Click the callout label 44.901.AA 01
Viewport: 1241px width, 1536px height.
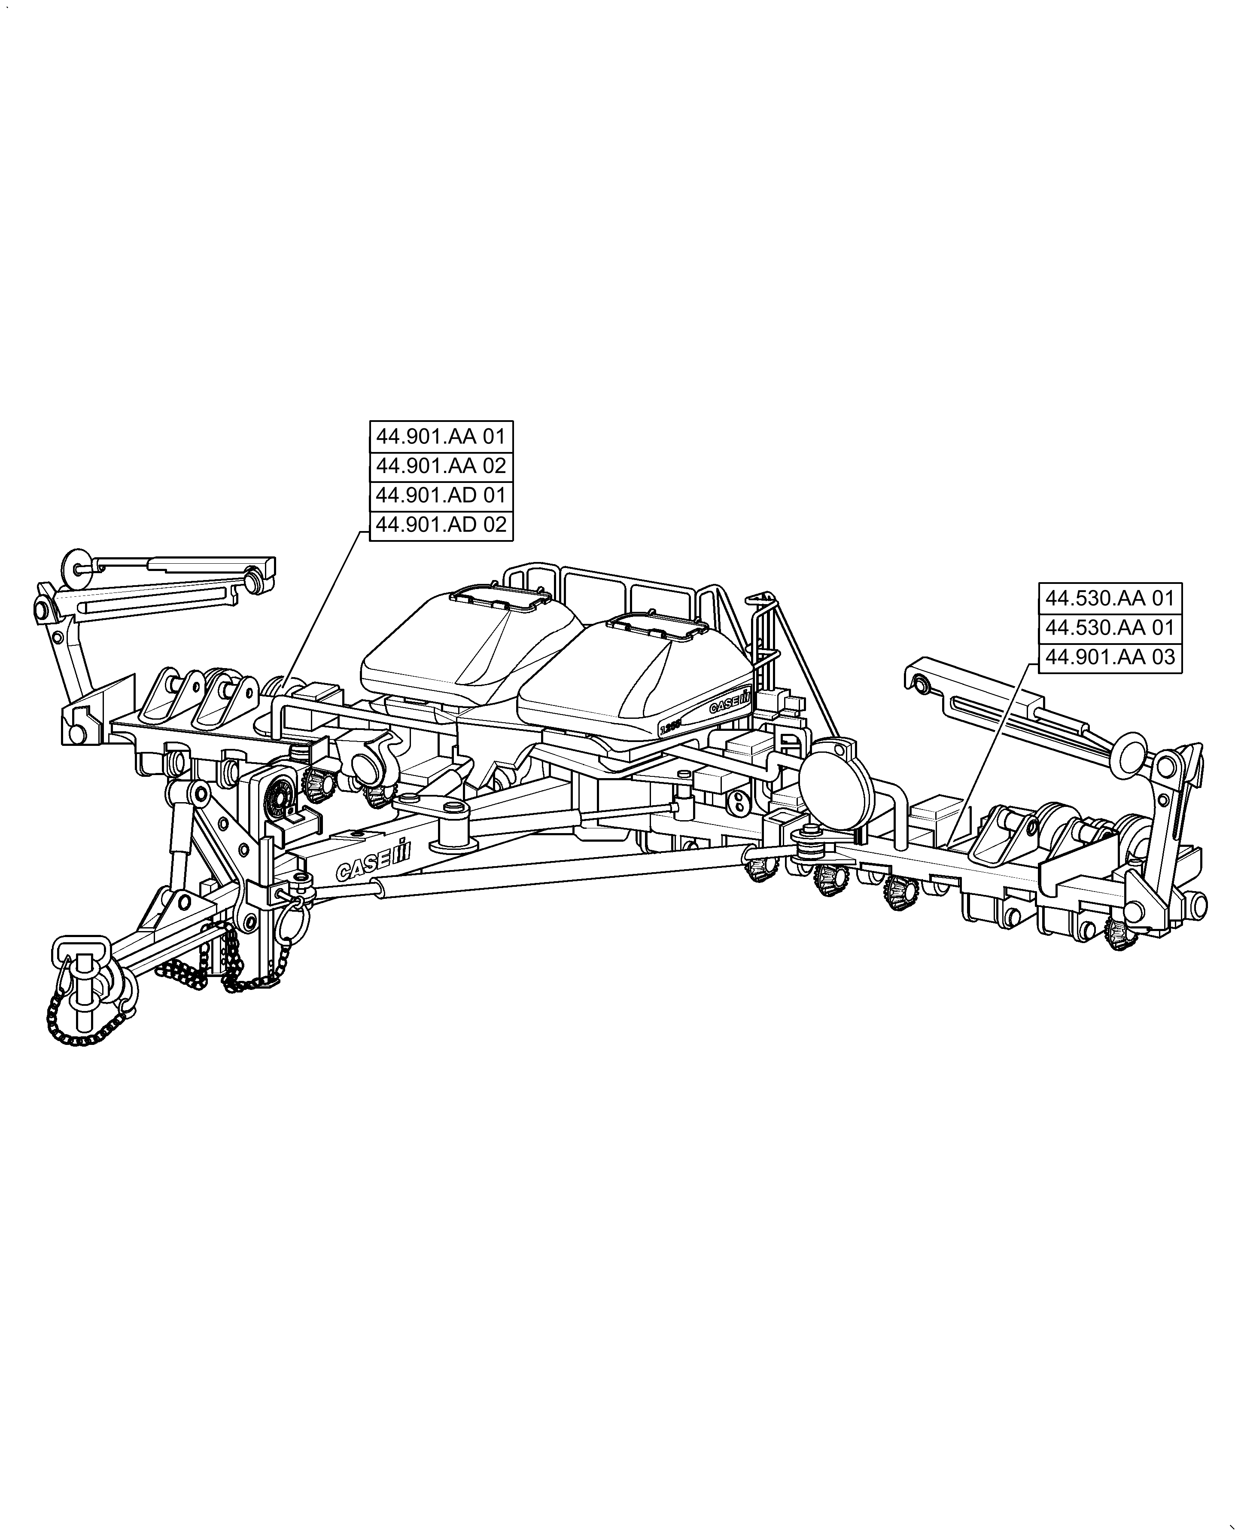pyautogui.click(x=441, y=436)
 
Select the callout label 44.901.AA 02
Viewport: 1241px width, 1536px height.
pyautogui.click(x=441, y=466)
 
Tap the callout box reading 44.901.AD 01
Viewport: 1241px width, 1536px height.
pyautogui.click(x=441, y=495)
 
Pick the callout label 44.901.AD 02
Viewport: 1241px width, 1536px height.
pyautogui.click(x=441, y=525)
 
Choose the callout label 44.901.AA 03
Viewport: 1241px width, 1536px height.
pyautogui.click(x=1110, y=657)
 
